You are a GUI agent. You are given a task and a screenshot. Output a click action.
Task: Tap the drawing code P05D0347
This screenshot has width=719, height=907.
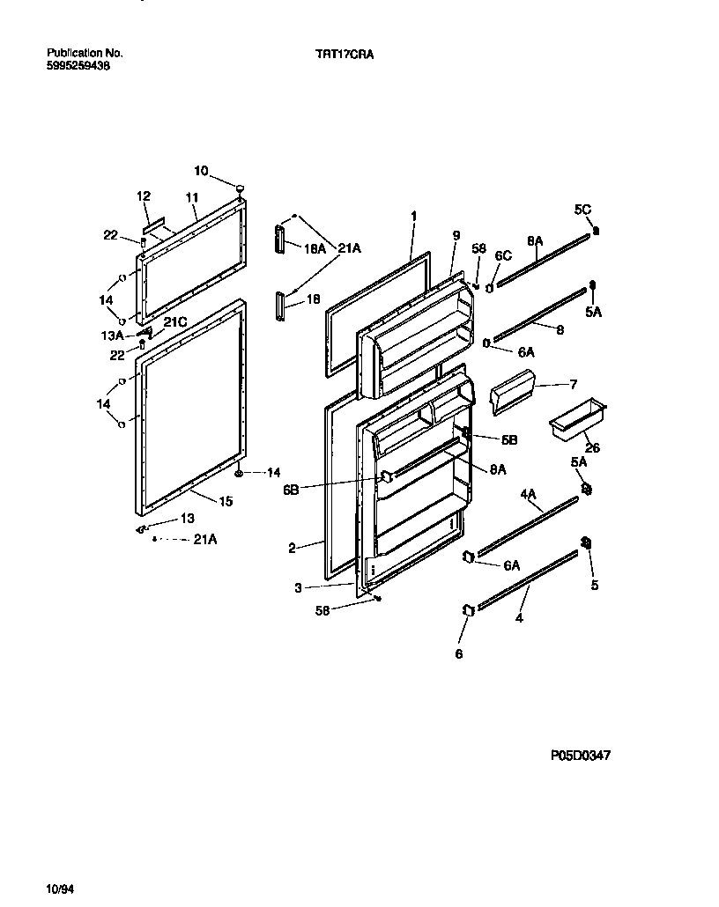581,755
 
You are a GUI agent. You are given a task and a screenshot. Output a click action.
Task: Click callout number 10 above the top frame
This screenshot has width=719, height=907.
201,170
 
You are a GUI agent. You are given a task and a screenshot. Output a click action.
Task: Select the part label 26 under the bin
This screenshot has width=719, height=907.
593,448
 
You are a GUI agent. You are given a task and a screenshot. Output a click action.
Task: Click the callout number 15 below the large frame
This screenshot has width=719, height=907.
226,502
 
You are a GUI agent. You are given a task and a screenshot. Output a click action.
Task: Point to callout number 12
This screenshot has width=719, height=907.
144,196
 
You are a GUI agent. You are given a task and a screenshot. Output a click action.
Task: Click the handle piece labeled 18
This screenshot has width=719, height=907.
282,304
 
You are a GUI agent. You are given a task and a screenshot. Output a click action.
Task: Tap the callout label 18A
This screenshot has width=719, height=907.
315,249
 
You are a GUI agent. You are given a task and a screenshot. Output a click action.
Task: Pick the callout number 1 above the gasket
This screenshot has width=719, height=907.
413,215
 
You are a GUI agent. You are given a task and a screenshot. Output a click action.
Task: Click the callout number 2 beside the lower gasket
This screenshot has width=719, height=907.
292,548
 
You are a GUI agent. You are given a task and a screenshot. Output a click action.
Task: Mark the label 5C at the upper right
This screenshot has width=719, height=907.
582,210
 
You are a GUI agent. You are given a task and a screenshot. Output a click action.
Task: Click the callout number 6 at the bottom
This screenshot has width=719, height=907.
458,653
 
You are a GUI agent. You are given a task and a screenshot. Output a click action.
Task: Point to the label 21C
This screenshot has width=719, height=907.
175,322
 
